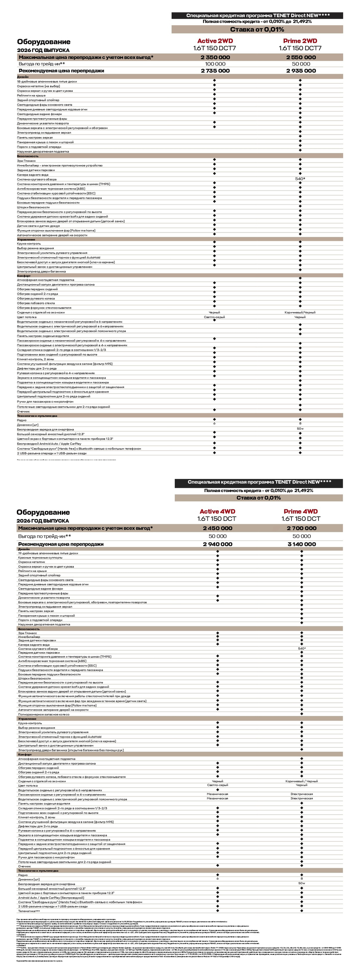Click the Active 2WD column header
pyautogui.click(x=215, y=41)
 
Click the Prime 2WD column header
pyautogui.click(x=300, y=41)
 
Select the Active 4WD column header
pyautogui.click(x=217, y=511)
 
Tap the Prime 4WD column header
pyautogui.click(x=301, y=511)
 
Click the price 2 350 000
pyautogui.click(x=215, y=58)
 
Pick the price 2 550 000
pyautogui.click(x=301, y=58)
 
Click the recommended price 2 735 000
pyautogui.click(x=215, y=71)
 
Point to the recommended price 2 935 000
pyautogui.click(x=301, y=71)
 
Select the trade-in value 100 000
pyautogui.click(x=215, y=64)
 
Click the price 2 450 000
pyautogui.click(x=217, y=528)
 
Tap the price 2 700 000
pyautogui.click(x=301, y=528)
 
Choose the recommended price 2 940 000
pyautogui.click(x=217, y=544)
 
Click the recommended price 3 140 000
pyautogui.click(x=301, y=544)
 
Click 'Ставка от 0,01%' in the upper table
pyautogui.click(x=257, y=29)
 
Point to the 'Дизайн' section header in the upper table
pyautogui.click(x=22, y=77)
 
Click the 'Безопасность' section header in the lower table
pyautogui.click(x=28, y=629)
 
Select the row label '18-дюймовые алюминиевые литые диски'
pyautogui.click(x=47, y=82)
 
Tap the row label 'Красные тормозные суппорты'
pyautogui.click(x=40, y=557)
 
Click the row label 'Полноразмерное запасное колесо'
pyautogui.click(x=44, y=714)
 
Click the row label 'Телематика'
pyautogui.click(x=28, y=911)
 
